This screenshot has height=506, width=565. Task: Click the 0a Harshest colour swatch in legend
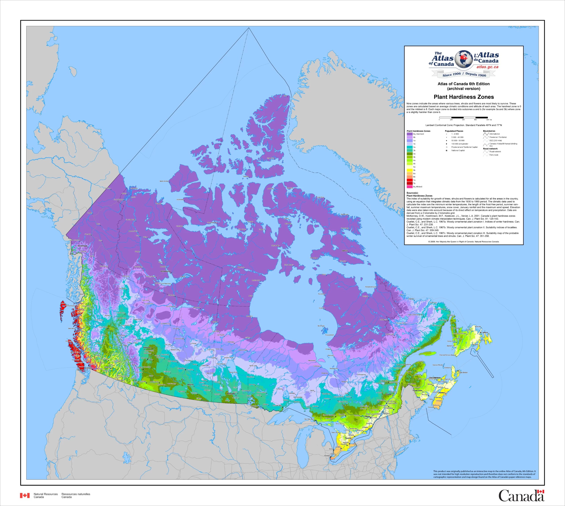point(409,134)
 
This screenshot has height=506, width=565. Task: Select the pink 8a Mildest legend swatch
point(409,187)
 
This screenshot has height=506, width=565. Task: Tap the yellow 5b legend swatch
point(409,170)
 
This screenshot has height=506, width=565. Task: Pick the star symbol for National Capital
point(446,150)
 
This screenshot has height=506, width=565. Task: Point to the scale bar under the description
point(463,118)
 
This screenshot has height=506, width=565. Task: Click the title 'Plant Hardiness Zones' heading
point(464,97)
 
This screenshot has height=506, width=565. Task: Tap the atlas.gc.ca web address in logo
point(487,67)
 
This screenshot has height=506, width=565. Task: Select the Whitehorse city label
point(82,246)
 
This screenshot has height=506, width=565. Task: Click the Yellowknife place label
point(166,271)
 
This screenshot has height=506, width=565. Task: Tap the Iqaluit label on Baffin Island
point(345,251)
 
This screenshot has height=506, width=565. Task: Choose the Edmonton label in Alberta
point(147,348)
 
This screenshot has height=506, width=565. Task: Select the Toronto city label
point(348,438)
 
